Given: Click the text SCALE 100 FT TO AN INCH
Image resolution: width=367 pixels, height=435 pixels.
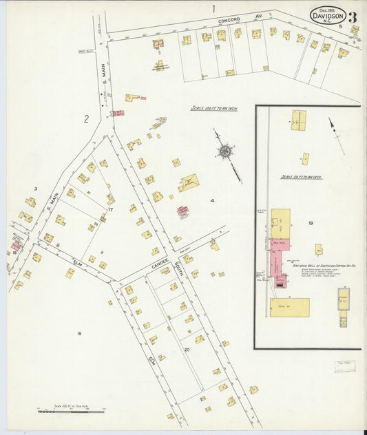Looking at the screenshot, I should point(214,108).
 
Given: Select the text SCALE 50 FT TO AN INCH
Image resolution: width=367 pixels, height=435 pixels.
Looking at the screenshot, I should point(301,177).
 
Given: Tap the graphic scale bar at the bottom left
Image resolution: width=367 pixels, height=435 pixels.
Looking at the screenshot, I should point(70,409).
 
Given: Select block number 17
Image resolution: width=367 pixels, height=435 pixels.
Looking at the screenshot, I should point(109,209).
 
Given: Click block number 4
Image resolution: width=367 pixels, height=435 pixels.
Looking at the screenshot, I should point(213,201).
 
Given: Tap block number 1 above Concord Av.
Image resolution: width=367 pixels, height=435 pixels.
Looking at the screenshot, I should point(213,9).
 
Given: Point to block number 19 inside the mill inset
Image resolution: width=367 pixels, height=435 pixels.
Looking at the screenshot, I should point(311,223).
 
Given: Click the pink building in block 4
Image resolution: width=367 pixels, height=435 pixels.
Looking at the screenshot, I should point(182,211).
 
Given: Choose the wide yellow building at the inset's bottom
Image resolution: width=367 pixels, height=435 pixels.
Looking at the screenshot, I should point(289,307).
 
